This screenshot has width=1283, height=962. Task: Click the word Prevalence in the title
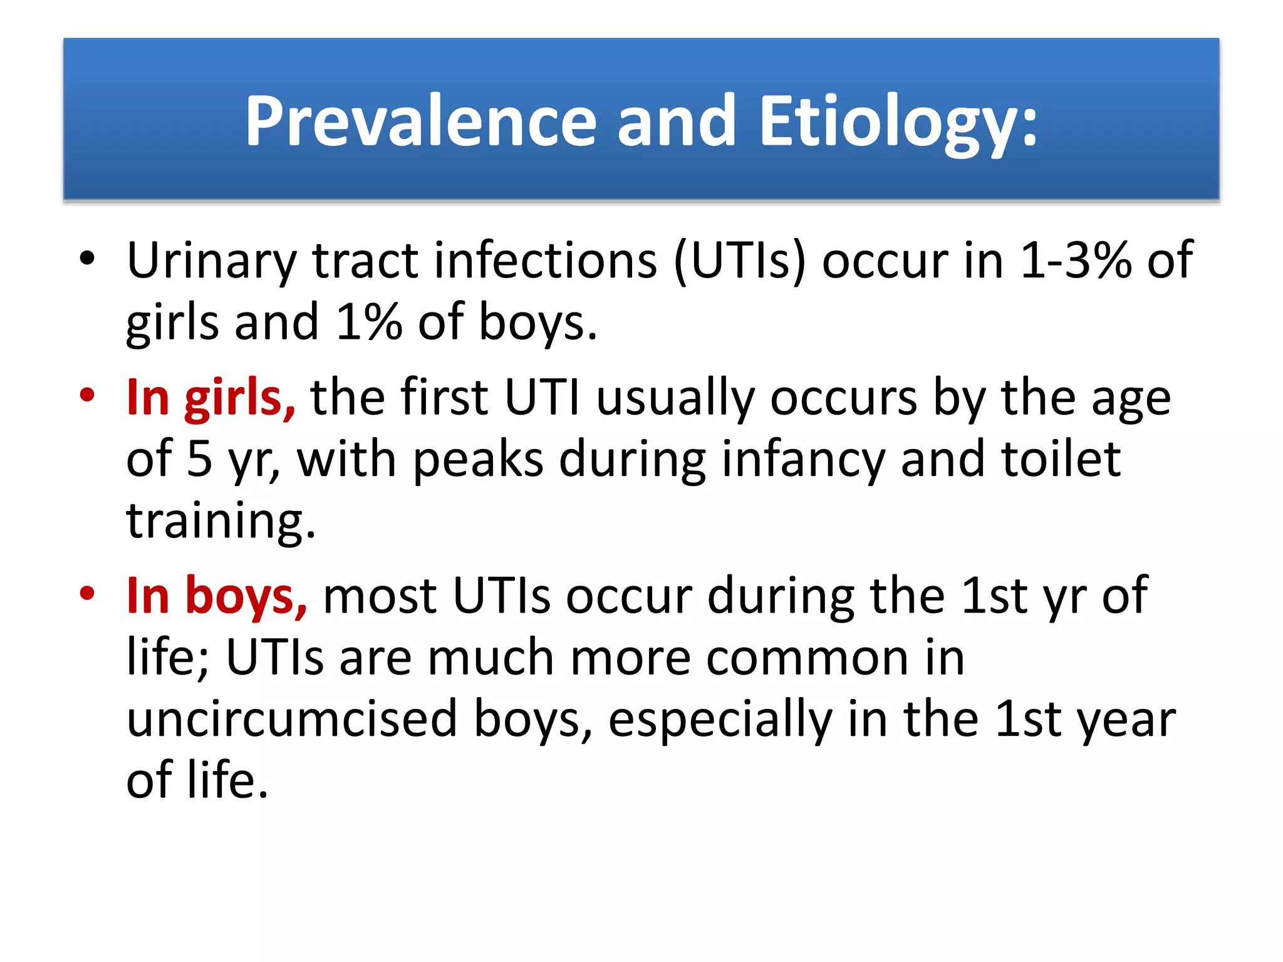point(420,121)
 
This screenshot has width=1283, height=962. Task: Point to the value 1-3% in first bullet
point(1075,261)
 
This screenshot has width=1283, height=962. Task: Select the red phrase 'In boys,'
point(217,596)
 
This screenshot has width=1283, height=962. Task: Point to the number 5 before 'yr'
point(199,459)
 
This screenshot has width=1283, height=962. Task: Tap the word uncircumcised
point(292,719)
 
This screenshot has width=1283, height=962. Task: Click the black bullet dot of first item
point(87,258)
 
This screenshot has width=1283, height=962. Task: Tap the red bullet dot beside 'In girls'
point(87,395)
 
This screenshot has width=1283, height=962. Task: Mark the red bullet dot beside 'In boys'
point(87,593)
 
